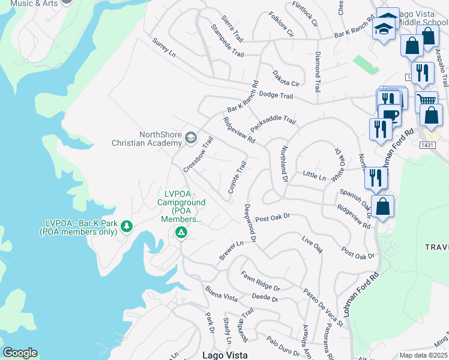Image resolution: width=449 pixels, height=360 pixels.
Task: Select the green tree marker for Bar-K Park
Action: [x=126, y=226]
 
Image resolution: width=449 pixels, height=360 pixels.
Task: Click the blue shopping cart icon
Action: [x=426, y=101]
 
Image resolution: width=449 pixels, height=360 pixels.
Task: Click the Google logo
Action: [x=20, y=353]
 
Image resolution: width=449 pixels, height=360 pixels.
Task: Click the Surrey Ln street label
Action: [x=164, y=48]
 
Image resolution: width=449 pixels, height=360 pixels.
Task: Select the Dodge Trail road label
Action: [x=276, y=95]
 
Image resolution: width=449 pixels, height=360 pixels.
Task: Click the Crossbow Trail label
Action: [x=198, y=155]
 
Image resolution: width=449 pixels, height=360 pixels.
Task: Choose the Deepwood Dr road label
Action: [x=250, y=223]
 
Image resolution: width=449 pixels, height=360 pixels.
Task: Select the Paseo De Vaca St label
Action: [x=323, y=308]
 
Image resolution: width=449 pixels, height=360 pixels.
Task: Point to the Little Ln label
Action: [x=314, y=176]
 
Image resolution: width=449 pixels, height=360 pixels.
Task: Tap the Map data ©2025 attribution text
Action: [x=423, y=355]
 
